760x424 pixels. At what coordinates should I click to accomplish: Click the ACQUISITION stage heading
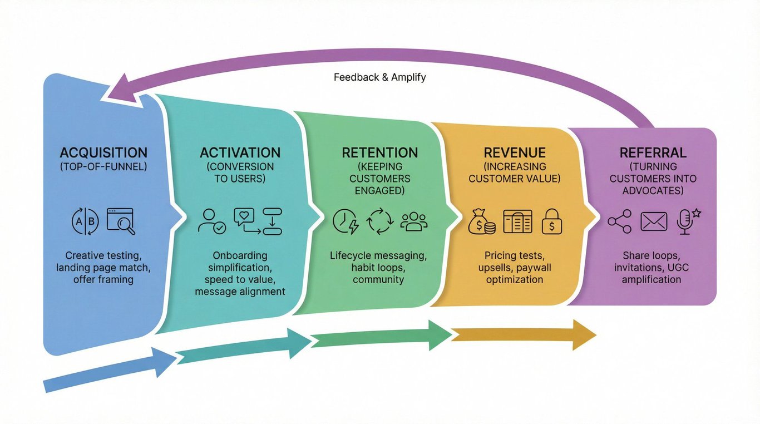103,152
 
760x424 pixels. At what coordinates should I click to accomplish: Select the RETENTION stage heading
379,152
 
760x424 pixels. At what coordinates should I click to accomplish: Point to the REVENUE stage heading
515,152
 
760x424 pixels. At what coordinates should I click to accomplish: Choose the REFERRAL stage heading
653,152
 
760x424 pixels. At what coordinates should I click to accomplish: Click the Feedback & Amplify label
379,77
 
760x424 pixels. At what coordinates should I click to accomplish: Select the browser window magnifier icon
121,221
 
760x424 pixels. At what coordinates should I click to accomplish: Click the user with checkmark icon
212,221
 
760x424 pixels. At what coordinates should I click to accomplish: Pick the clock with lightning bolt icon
346,221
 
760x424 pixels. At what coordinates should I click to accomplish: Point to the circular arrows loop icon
380,221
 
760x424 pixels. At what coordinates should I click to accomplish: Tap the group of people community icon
414,221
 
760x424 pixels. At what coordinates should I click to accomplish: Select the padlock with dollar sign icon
552,221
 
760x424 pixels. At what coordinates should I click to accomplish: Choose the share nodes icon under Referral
619,221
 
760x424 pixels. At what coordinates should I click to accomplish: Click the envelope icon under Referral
653,221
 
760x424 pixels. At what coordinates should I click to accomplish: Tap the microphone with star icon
687,221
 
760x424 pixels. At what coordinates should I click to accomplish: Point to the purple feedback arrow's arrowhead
120,92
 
